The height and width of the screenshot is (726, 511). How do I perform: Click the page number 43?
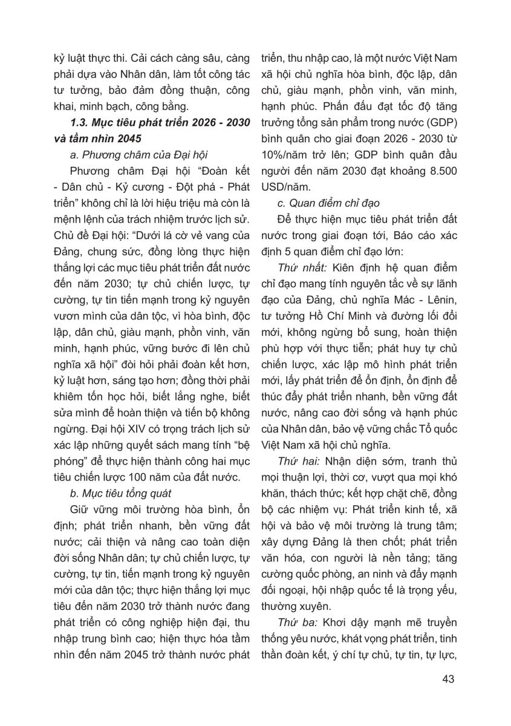tap(448, 678)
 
